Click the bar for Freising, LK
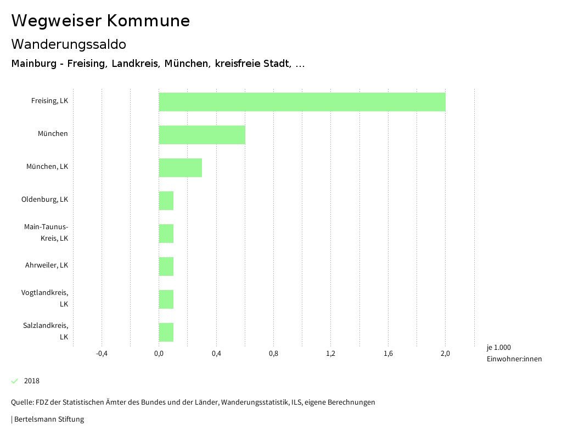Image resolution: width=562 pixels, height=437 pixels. pyautogui.click(x=302, y=102)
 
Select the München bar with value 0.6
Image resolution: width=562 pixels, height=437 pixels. pyautogui.click(x=202, y=135)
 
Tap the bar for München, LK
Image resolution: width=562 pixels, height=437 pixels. pyautogui.click(x=181, y=168)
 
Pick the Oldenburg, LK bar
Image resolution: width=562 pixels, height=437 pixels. pyautogui.click(x=166, y=201)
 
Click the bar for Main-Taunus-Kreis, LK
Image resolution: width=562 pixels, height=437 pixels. pyautogui.click(x=166, y=234)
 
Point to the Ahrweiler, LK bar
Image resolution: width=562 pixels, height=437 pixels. pyautogui.click(x=166, y=266)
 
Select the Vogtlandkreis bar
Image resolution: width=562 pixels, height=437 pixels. pyautogui.click(x=166, y=299)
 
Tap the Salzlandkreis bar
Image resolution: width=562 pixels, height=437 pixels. pyautogui.click(x=166, y=332)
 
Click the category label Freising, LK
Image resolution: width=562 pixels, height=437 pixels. pyautogui.click(x=49, y=101)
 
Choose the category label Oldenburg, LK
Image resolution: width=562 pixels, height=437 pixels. pyautogui.click(x=44, y=200)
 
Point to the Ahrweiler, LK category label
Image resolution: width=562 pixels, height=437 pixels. pyautogui.click(x=47, y=265)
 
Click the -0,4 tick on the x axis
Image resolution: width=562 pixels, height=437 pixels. pyautogui.click(x=102, y=354)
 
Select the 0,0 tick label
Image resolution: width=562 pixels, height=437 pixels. pyautogui.click(x=159, y=354)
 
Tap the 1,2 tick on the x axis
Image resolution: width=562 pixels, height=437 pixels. pyautogui.click(x=330, y=354)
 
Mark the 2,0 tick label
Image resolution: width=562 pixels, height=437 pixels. pyautogui.click(x=445, y=354)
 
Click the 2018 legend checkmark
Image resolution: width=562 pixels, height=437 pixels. pyautogui.click(x=15, y=381)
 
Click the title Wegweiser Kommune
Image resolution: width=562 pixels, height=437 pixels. pyautogui.click(x=100, y=21)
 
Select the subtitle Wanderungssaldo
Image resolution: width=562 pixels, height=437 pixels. pyautogui.click(x=69, y=44)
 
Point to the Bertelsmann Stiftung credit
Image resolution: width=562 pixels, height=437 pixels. pyautogui.click(x=48, y=419)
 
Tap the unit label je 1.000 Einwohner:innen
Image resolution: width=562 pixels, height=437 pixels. pyautogui.click(x=514, y=353)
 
